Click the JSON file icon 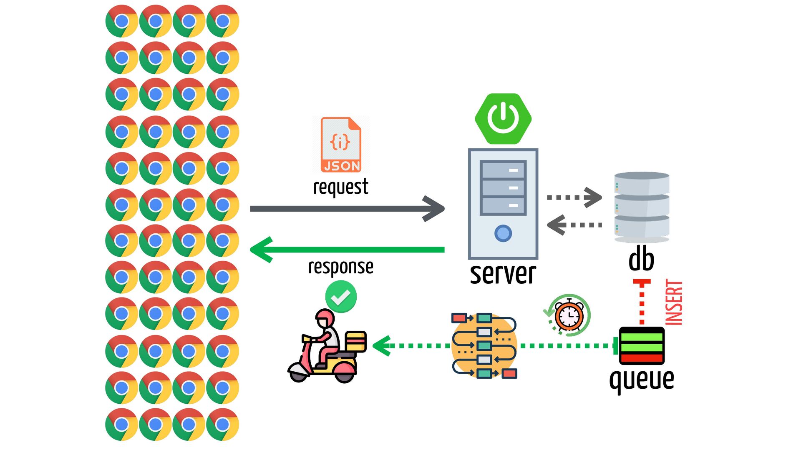[341, 145]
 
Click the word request [341, 187]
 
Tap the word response [341, 267]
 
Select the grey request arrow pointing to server [347, 209]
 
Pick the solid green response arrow [347, 250]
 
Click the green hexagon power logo [503, 119]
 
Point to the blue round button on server [503, 233]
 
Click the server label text [503, 274]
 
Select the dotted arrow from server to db [574, 197]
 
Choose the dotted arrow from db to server [574, 225]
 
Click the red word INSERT [674, 302]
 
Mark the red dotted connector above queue [642, 302]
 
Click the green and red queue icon [642, 346]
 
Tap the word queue [642, 380]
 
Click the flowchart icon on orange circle [484, 345]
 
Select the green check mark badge [341, 297]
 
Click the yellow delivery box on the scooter [356, 341]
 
